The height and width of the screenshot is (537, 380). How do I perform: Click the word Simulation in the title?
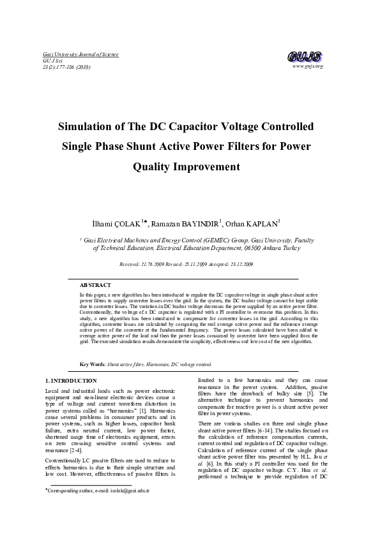click(91, 126)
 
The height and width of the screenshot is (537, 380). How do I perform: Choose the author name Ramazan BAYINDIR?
click(185, 224)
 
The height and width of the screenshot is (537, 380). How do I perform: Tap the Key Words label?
click(93, 364)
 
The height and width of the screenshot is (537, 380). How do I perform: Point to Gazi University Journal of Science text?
click(72, 55)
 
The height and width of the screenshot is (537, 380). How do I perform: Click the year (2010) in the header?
click(82, 66)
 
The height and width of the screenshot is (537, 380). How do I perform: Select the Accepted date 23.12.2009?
click(239, 263)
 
